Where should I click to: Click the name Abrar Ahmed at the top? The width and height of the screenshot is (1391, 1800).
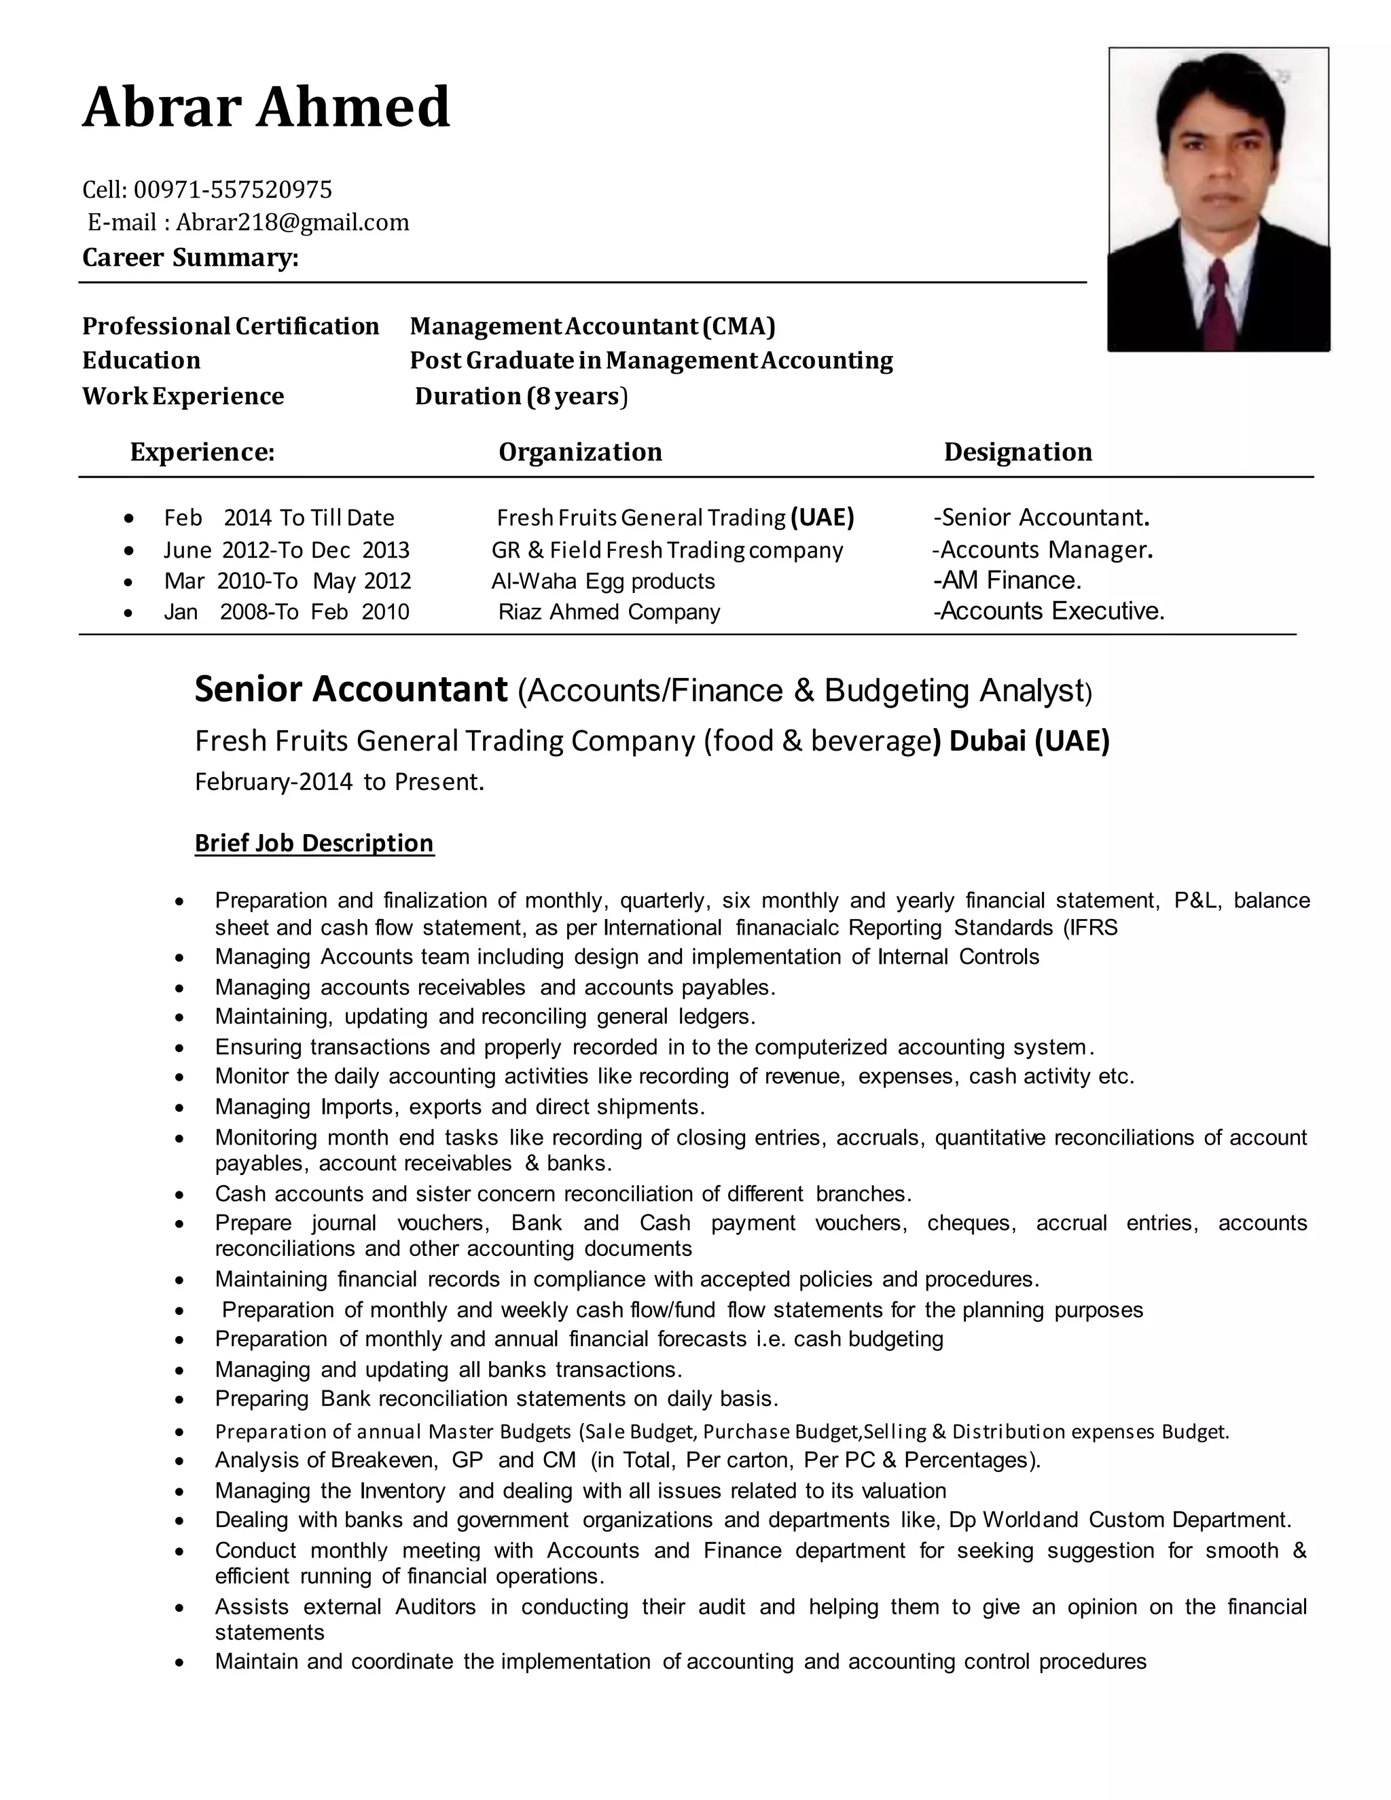[x=266, y=108]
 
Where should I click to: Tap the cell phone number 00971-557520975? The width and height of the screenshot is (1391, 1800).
[x=232, y=190]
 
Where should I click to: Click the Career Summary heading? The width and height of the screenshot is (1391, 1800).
[x=190, y=258]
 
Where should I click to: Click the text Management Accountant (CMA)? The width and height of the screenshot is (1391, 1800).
[x=592, y=326]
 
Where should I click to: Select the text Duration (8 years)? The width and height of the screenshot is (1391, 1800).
[x=521, y=397]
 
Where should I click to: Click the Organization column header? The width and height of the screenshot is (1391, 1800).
[x=580, y=452]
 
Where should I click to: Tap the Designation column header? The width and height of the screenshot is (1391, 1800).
[x=1017, y=452]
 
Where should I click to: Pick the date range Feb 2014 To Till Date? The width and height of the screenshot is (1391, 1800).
[x=278, y=518]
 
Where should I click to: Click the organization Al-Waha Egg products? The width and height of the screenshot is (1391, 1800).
[x=603, y=581]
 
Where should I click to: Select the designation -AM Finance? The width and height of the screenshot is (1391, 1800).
[x=1007, y=580]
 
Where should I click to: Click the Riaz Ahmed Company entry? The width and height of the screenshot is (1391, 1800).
[x=609, y=611]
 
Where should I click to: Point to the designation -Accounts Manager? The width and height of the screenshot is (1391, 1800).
[x=1043, y=550]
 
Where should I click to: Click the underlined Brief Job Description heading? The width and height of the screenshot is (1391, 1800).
[x=314, y=843]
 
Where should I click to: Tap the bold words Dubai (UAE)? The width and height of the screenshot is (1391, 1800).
[x=1029, y=741]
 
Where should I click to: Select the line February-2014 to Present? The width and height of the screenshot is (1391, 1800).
[x=340, y=781]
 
